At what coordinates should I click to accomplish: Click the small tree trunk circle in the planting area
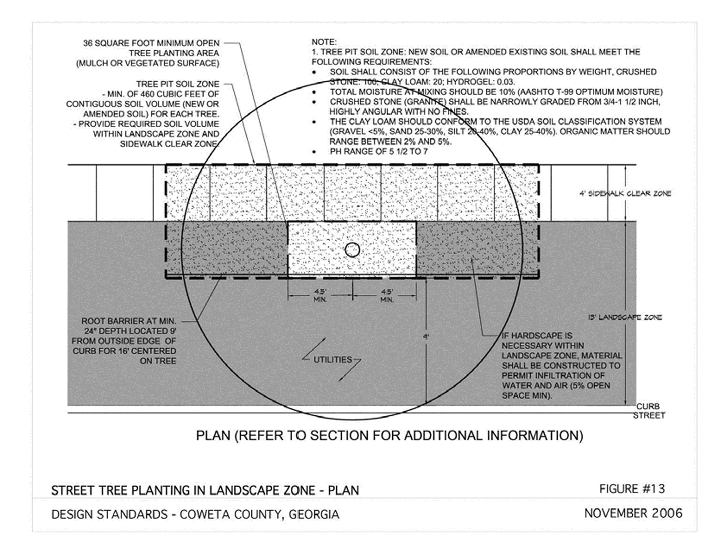(x=352, y=250)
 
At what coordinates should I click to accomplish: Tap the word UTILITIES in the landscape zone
(x=333, y=360)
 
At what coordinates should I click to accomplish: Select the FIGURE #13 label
(x=632, y=489)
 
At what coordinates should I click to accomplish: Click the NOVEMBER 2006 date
(x=633, y=513)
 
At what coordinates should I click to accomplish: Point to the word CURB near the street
(x=648, y=406)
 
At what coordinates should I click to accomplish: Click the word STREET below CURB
(x=649, y=416)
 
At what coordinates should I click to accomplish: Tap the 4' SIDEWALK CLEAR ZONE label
(x=625, y=193)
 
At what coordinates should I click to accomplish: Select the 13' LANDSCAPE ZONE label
(x=625, y=317)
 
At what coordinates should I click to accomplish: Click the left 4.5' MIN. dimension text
(x=320, y=296)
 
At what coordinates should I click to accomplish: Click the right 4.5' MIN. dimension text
(x=387, y=296)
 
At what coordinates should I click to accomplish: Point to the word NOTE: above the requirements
(x=324, y=42)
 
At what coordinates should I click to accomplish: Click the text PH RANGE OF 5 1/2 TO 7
(x=379, y=151)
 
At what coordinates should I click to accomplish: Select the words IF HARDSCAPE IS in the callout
(x=537, y=336)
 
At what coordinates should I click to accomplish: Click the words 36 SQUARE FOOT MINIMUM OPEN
(x=151, y=43)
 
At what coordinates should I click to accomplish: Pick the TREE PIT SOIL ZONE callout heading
(x=177, y=84)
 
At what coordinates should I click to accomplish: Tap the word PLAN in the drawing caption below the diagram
(x=213, y=435)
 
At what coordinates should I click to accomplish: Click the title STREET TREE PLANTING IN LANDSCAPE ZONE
(x=183, y=490)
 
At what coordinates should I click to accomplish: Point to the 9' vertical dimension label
(x=426, y=337)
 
